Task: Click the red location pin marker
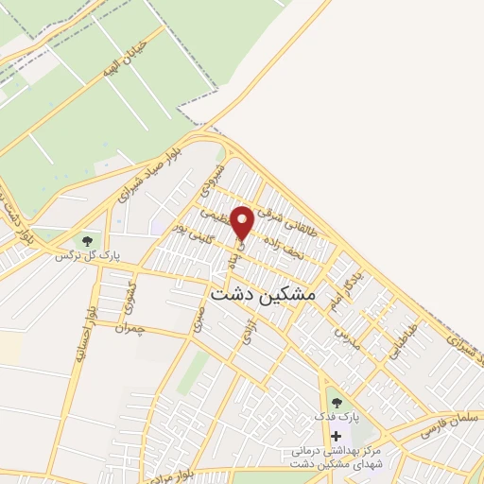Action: point(242,222)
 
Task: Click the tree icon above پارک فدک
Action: point(337,404)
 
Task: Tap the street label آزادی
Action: point(248,330)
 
